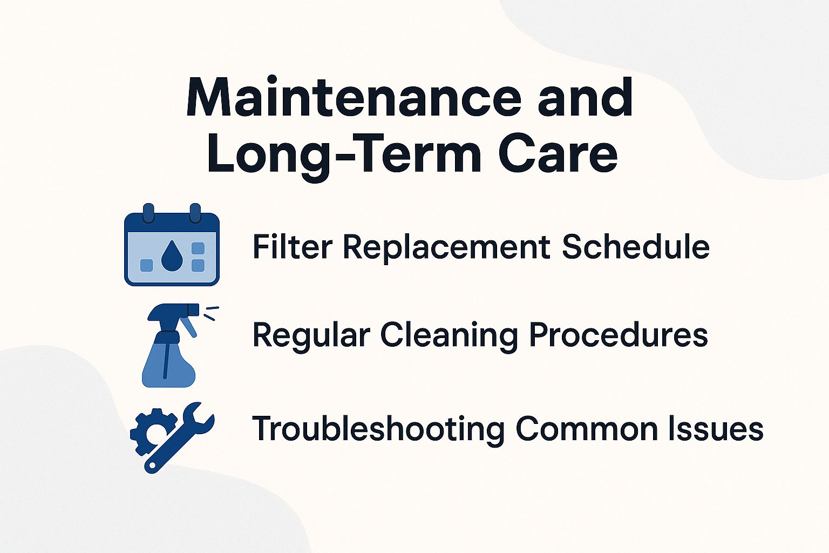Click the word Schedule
635,247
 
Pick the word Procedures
618,335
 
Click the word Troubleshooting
378,429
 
